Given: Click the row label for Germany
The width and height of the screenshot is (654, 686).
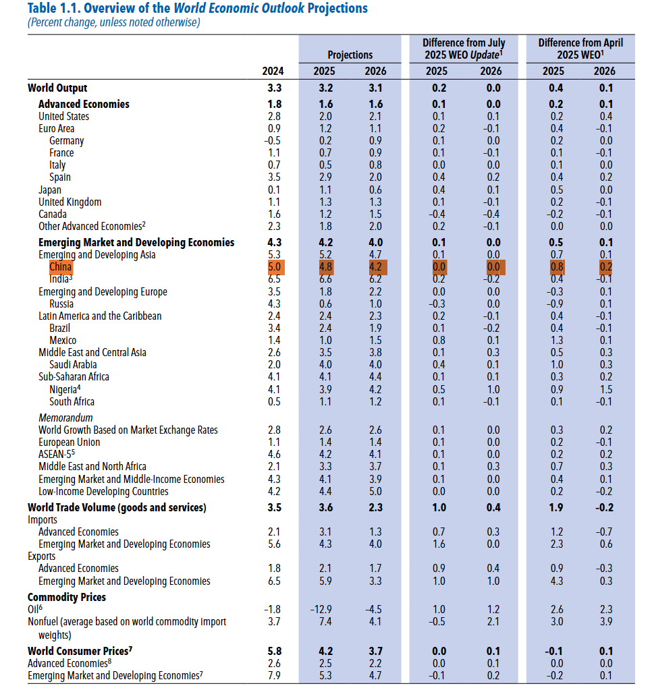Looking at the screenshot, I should click(66, 141).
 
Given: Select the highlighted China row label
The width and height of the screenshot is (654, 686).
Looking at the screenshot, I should click(61, 267).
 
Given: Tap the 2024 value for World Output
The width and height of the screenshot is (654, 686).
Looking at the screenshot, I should click(274, 88).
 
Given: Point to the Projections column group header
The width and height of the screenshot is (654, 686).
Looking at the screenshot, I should click(350, 55).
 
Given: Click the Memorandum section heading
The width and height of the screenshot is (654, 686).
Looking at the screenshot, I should click(65, 418).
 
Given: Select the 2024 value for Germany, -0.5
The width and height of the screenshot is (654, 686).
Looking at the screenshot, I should click(273, 141).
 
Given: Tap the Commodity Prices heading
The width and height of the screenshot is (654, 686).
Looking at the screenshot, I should click(67, 597).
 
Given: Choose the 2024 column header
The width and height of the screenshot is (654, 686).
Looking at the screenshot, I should click(273, 72).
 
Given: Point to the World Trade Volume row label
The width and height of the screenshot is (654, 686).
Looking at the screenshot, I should click(117, 507).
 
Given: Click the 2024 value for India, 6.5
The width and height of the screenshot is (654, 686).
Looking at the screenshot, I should click(274, 279).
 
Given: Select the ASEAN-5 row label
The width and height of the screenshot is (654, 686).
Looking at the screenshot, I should click(57, 455).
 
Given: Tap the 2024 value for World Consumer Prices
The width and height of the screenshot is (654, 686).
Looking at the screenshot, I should click(274, 652).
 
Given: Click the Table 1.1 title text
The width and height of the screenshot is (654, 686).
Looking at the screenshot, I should click(198, 9).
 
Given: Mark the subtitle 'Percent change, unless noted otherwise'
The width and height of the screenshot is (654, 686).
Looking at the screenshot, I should click(114, 22).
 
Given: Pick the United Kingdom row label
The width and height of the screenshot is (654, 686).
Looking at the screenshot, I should click(70, 202).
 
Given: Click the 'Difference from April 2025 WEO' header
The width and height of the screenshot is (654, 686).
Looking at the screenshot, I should click(580, 49).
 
